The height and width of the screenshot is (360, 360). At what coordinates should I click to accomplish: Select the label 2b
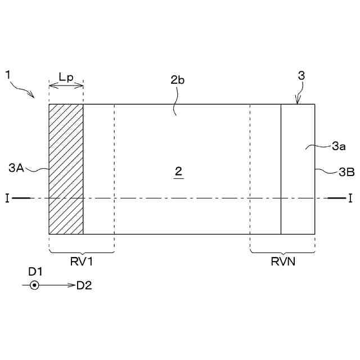coord(178,80)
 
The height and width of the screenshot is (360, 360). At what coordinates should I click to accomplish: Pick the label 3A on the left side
coord(17,167)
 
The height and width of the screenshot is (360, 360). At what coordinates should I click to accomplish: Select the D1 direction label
coord(35,272)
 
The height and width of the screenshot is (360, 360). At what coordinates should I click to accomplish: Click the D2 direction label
coord(84,286)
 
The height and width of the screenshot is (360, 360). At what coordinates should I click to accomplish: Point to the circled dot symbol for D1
coord(35,286)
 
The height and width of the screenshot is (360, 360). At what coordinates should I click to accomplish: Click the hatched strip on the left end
coord(66,169)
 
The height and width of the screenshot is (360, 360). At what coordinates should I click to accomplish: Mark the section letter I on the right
coord(350,198)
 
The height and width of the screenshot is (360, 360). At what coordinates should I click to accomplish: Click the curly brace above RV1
coord(82,251)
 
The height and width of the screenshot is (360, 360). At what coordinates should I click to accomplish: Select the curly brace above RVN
coord(282,251)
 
